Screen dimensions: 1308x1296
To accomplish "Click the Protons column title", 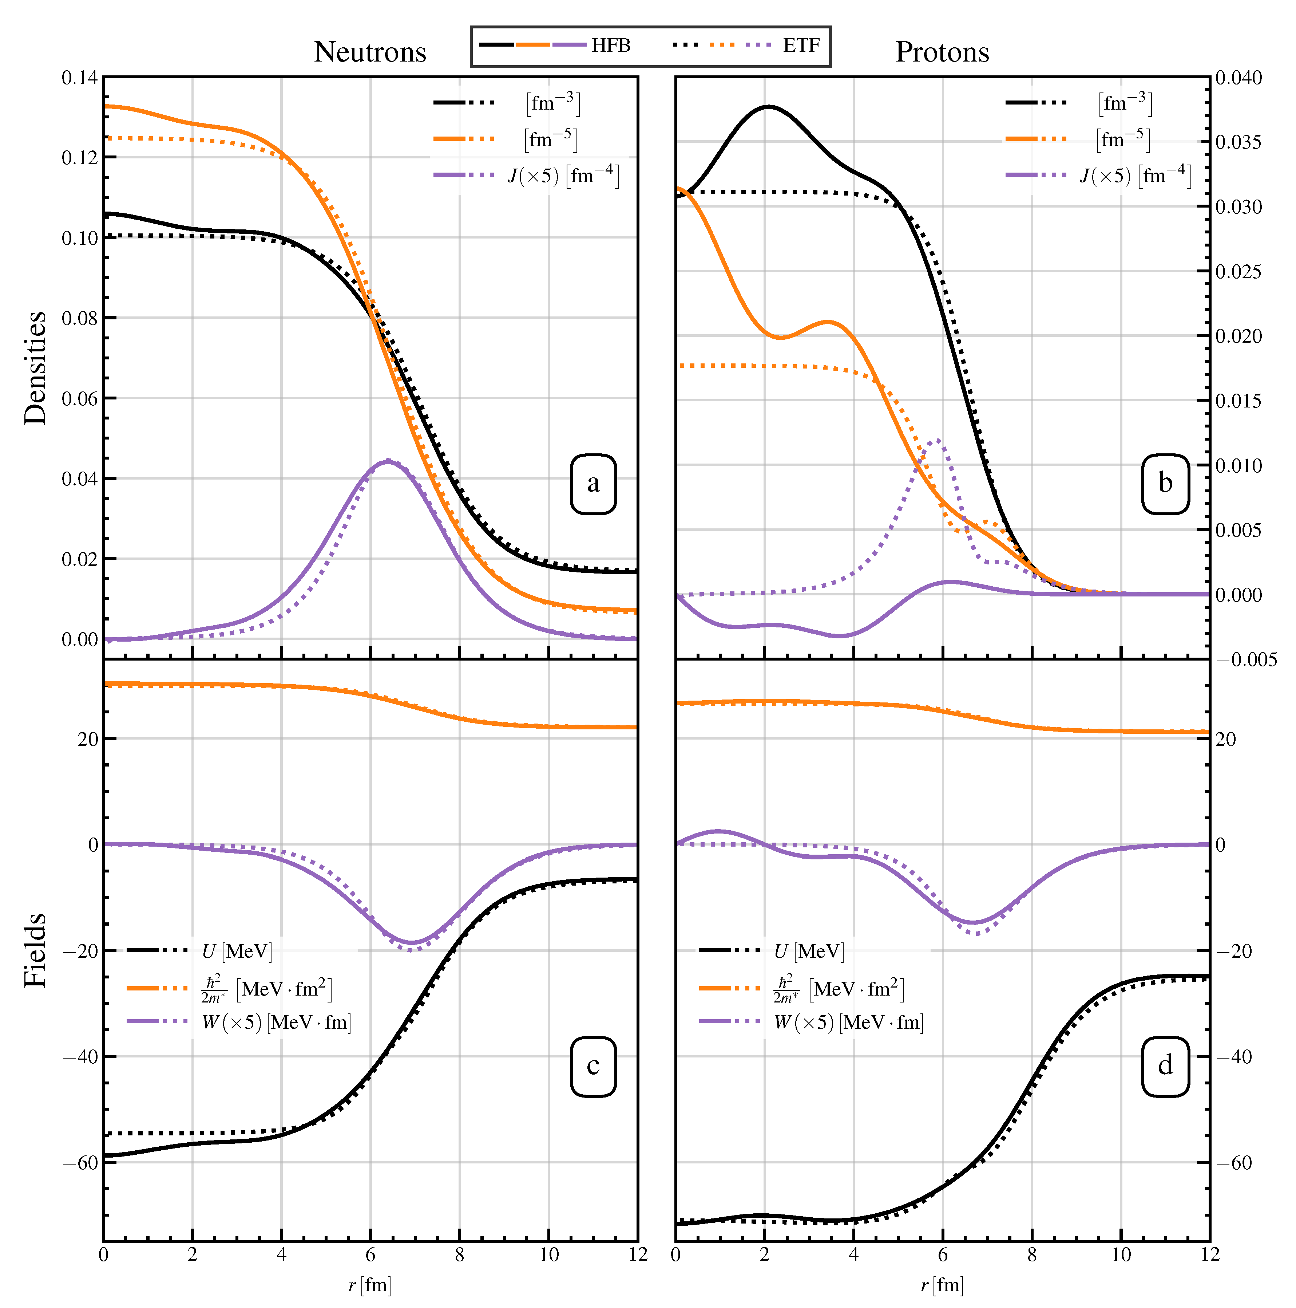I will [942, 52].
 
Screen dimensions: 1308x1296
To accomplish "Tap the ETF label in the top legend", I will [801, 46].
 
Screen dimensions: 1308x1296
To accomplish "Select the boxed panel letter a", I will [593, 483].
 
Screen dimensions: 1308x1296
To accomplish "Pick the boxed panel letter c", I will [593, 1065].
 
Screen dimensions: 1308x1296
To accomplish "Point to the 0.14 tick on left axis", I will [79, 78].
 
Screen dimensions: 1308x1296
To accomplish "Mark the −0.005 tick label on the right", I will [1246, 659].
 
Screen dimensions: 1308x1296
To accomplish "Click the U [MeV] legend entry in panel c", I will [237, 951].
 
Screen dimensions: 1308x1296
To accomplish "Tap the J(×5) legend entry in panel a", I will [563, 176].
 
